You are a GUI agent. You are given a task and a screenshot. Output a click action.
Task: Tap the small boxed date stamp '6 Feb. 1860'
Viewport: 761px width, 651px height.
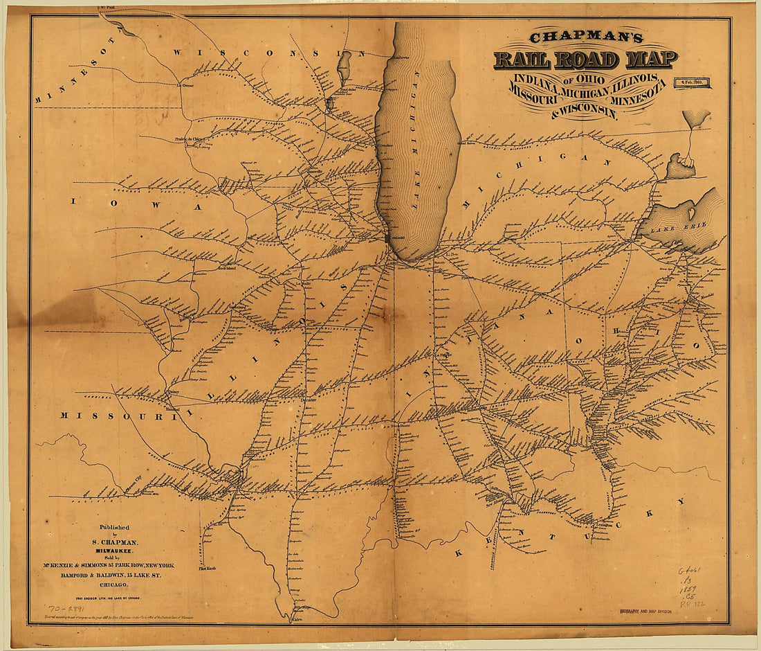coord(697,82)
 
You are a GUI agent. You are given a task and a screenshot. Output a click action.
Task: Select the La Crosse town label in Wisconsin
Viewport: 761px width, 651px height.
coord(185,86)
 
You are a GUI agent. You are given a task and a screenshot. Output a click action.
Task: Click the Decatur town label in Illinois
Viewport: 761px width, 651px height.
coord(309,400)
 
